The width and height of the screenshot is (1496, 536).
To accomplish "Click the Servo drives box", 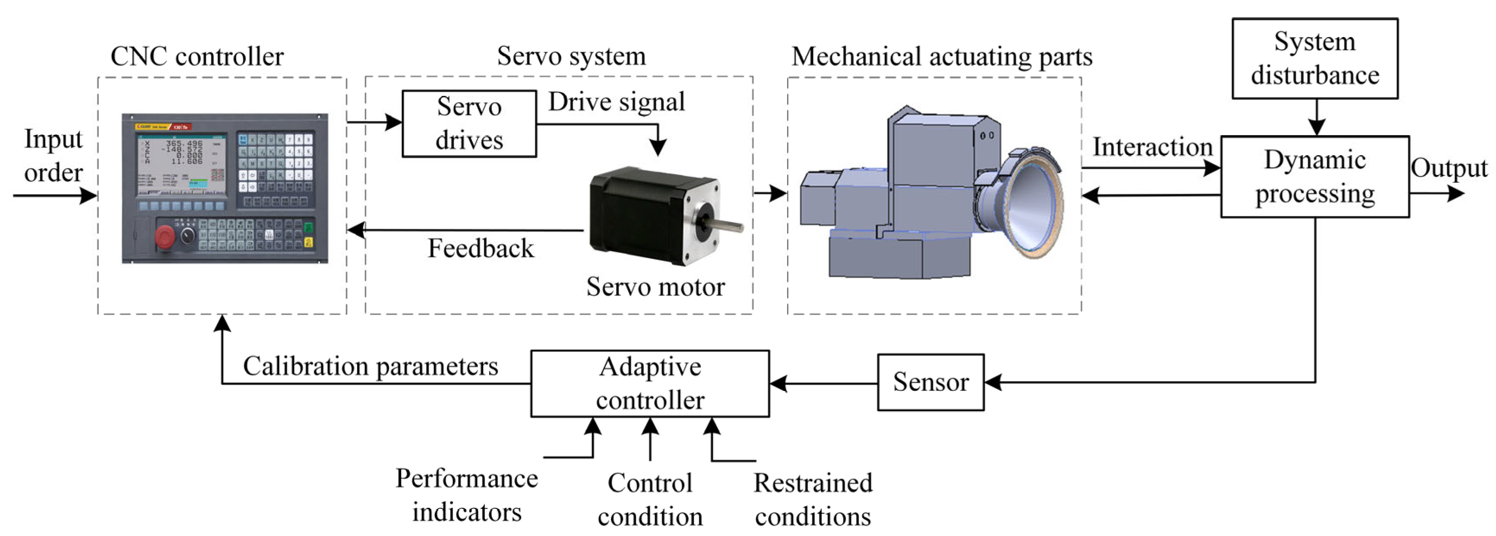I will pyautogui.click(x=469, y=123).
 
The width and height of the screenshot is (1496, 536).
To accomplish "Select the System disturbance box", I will pyautogui.click(x=1314, y=58).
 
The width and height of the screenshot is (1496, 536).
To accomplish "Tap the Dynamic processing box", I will pyautogui.click(x=1314, y=177).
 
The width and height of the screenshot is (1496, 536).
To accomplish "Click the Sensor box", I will pyautogui.click(x=930, y=382).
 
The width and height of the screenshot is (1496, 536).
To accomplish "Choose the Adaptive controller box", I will pyautogui.click(x=649, y=383).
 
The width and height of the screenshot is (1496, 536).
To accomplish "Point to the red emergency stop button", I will pyautogui.click(x=165, y=236).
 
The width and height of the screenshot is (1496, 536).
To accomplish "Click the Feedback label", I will pyautogui.click(x=480, y=248).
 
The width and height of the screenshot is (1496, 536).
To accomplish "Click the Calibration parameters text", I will pyautogui.click(x=370, y=366).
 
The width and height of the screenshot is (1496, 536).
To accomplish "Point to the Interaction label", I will pyautogui.click(x=1152, y=147).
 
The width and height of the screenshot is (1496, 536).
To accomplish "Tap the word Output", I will pyautogui.click(x=1449, y=168).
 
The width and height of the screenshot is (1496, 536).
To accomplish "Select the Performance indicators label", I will pyautogui.click(x=466, y=495).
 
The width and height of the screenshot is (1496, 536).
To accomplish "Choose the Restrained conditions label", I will pyautogui.click(x=813, y=499).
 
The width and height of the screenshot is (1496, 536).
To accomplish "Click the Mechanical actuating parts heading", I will pyautogui.click(x=941, y=56).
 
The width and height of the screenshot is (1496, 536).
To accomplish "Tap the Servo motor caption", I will pyautogui.click(x=655, y=287).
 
